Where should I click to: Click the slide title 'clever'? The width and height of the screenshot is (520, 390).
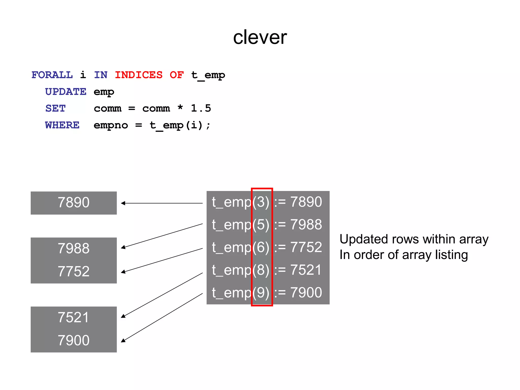click(260, 37)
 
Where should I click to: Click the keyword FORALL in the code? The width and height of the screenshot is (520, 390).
click(52, 75)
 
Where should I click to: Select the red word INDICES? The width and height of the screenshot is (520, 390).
click(139, 75)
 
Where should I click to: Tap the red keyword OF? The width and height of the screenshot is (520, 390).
click(176, 75)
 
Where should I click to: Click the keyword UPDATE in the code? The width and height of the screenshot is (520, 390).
click(66, 92)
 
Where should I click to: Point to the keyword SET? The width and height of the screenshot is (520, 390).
click(55, 108)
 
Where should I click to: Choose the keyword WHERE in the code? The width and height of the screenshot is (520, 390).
click(62, 125)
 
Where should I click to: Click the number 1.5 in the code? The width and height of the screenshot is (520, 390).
click(201, 108)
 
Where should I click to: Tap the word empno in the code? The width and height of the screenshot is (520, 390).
click(111, 125)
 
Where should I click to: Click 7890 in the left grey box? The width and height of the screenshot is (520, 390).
click(74, 203)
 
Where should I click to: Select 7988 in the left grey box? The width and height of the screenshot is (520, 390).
click(74, 248)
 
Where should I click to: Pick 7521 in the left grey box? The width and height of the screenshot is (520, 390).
click(74, 317)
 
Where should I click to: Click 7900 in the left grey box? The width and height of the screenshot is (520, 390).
click(74, 340)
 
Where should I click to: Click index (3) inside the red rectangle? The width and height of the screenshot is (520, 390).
click(261, 202)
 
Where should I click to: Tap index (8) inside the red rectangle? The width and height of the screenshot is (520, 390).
click(261, 270)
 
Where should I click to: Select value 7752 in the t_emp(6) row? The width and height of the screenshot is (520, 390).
click(306, 247)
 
